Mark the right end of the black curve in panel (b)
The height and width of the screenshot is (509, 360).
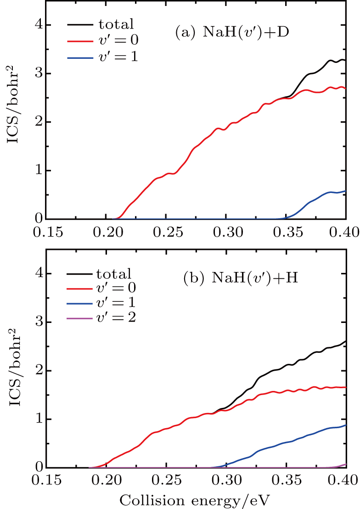(345, 341)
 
